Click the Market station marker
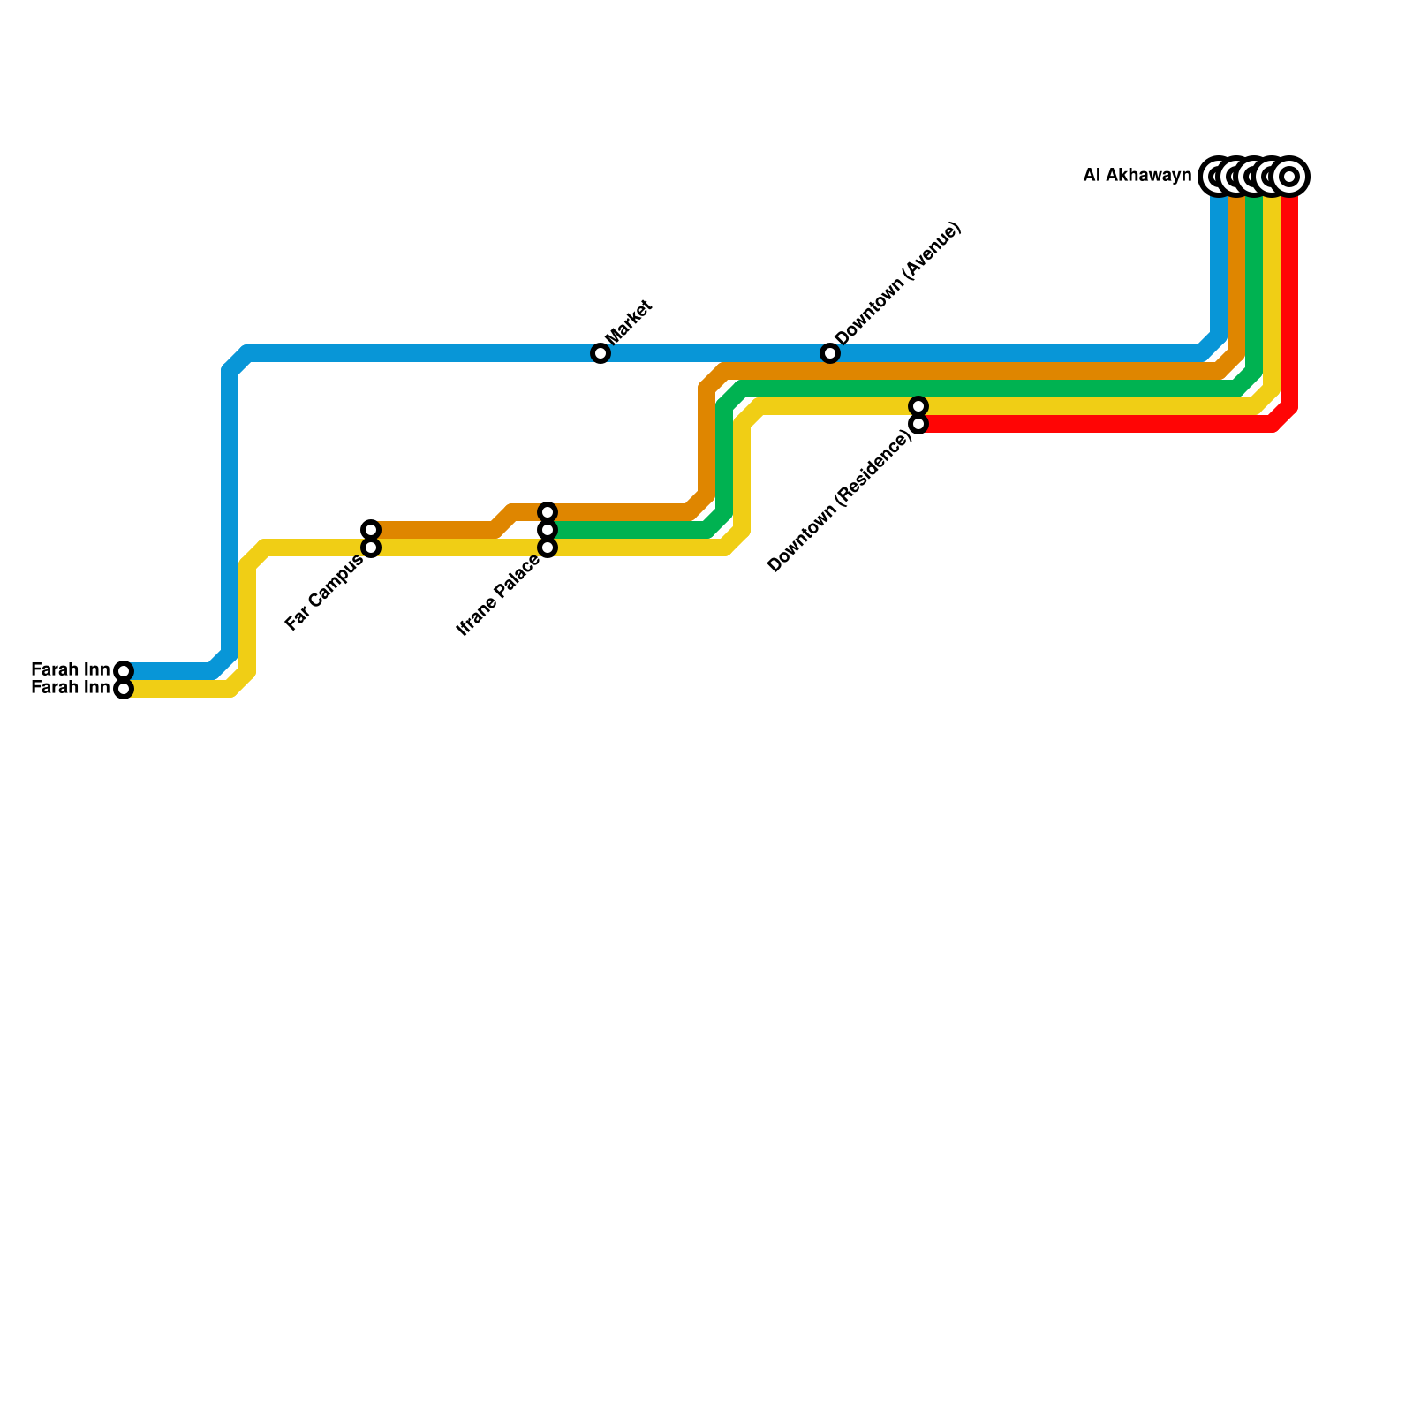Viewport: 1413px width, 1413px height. click(601, 353)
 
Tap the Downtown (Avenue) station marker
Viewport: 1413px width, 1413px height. click(830, 353)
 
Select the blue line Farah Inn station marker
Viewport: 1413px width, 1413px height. click(124, 671)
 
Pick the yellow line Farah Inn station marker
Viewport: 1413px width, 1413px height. click(124, 689)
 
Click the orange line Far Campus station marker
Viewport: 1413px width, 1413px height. click(371, 530)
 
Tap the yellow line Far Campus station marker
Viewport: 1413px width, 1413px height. click(371, 548)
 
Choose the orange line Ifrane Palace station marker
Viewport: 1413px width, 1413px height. click(548, 512)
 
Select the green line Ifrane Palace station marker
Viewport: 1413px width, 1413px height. click(548, 530)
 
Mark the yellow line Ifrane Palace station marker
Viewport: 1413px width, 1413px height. click(548, 548)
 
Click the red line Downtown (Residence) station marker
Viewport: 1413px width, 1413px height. click(918, 424)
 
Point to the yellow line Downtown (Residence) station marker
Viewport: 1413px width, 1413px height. click(918, 406)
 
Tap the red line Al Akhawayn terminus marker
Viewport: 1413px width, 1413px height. click(1289, 177)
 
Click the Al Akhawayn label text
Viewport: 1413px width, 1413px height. click(1137, 176)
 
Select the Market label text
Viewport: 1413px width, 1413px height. click(629, 322)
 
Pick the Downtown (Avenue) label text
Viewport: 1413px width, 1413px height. click(897, 283)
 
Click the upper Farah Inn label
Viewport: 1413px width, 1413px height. click(70, 669)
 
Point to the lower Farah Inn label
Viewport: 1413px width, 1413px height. click(70, 688)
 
